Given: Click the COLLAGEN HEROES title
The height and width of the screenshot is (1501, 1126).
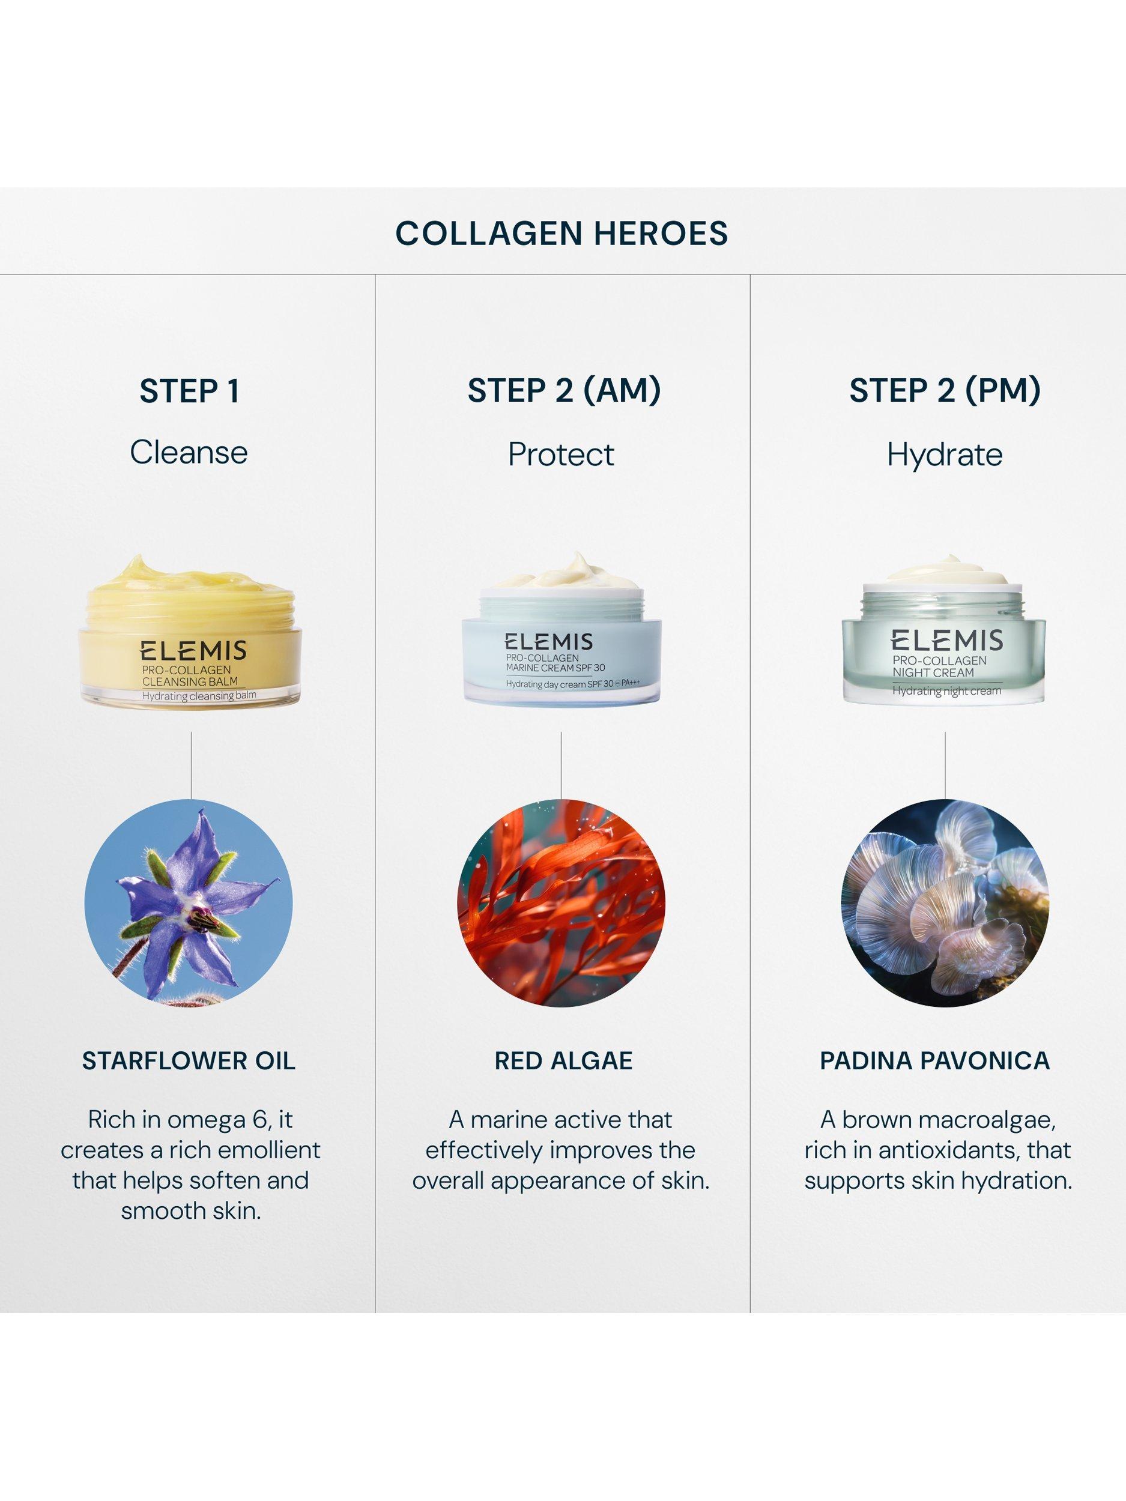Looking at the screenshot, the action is [x=561, y=233].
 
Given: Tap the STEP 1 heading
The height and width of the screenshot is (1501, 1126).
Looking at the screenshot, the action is [x=189, y=391].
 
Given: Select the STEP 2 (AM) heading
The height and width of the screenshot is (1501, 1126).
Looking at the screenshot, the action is [x=564, y=391].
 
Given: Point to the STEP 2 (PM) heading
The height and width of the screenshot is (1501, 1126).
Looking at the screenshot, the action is [x=945, y=391].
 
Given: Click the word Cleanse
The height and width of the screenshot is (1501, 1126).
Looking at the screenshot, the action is [x=189, y=453].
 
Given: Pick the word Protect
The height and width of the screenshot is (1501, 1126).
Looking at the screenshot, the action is [x=561, y=454].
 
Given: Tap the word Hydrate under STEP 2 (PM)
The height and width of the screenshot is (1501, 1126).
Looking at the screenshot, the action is [x=945, y=455].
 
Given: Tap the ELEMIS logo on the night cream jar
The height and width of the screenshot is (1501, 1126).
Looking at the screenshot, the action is [x=947, y=641].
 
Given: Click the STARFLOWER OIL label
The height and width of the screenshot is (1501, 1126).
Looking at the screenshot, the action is [x=189, y=1062].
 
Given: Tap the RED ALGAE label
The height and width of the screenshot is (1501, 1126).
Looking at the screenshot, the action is [x=563, y=1062].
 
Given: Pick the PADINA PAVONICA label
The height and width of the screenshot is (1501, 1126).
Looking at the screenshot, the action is [x=934, y=1062].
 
